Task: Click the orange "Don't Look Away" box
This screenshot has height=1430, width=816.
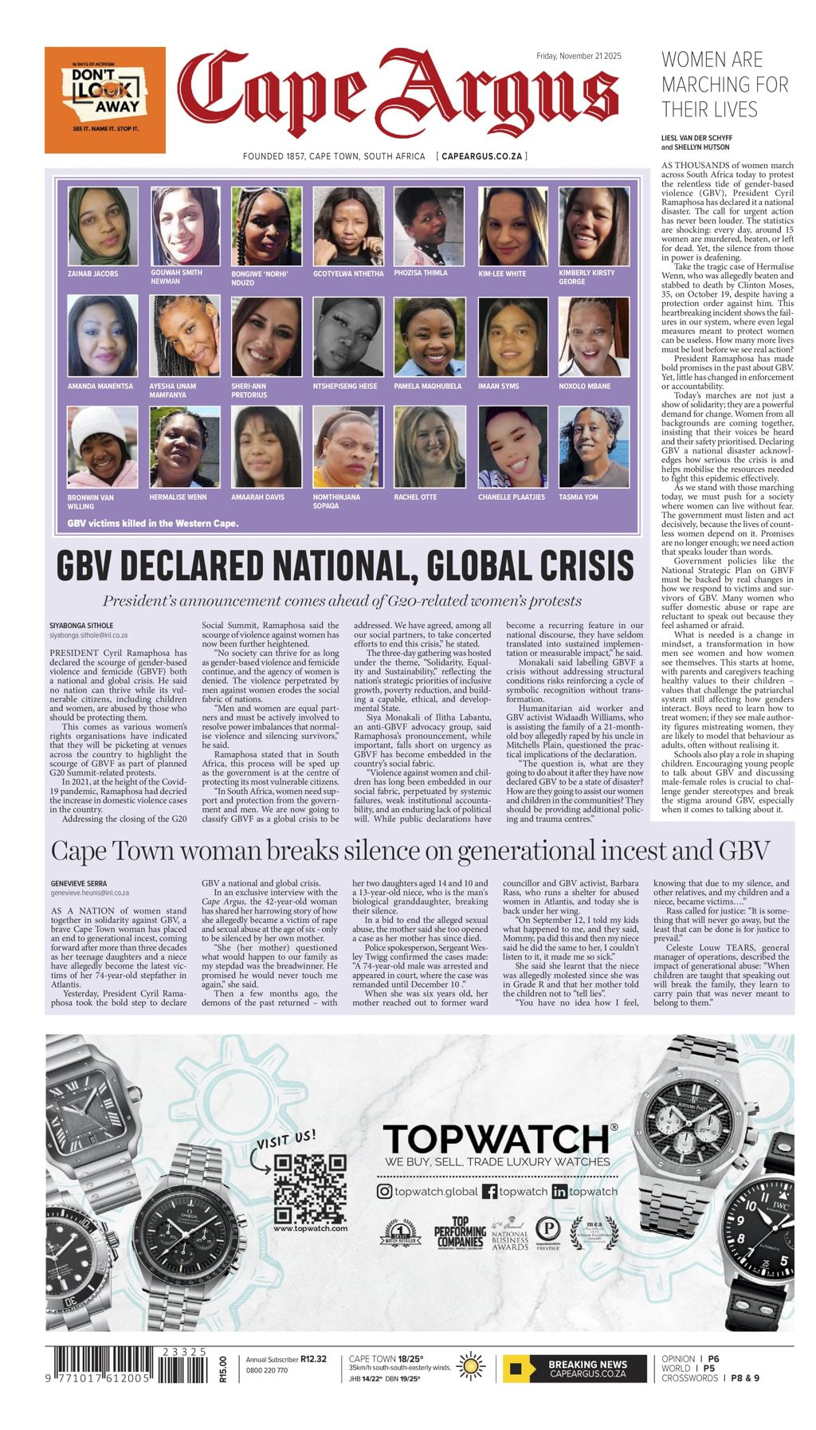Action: coord(104,100)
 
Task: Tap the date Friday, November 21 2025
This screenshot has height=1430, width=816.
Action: coord(579,56)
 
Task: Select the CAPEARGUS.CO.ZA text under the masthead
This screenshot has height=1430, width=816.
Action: coord(481,157)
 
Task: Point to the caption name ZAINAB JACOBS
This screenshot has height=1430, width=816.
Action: coord(92,274)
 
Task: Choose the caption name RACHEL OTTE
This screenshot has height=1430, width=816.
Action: coord(415,497)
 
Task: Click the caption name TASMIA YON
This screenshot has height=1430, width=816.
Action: coord(579,497)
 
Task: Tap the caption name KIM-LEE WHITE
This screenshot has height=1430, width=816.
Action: coord(502,274)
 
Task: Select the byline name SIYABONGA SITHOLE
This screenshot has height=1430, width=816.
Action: coord(81,626)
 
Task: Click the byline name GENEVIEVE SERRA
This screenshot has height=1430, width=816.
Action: coord(79,884)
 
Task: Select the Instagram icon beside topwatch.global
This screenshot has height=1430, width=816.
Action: coord(384,1191)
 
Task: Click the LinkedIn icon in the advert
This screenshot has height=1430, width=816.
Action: coord(559,1192)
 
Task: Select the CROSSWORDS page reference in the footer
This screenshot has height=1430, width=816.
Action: coord(690,1378)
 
